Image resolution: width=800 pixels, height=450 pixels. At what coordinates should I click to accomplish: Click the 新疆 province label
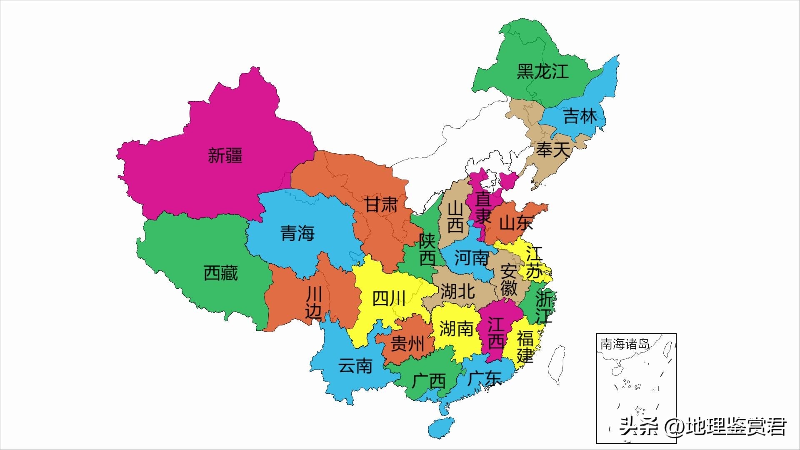coord(225,156)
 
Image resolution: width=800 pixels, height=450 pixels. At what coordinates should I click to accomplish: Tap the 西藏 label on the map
coord(220,273)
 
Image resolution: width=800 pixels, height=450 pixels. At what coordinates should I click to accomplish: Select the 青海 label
coord(297,233)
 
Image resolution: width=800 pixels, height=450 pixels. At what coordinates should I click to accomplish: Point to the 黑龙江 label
coord(542,71)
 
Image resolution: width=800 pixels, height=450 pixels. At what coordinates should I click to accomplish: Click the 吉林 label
coord(580,116)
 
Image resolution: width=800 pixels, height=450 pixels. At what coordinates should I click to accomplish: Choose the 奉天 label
coord(552,150)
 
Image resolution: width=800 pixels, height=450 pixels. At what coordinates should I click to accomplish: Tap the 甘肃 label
coord(381,205)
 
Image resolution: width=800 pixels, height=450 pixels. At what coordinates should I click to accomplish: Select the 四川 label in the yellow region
coord(388,299)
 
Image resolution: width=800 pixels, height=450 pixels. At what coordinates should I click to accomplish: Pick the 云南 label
coord(355,366)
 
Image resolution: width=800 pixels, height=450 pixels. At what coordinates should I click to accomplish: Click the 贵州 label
coord(407,345)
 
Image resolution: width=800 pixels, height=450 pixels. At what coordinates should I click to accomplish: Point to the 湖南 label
coord(456,329)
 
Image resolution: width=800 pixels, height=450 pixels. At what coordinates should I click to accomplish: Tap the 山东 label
coord(516,223)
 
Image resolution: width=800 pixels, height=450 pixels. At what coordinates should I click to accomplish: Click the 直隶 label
coord(483,208)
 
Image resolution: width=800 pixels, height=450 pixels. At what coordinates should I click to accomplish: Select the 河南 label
coord(471,258)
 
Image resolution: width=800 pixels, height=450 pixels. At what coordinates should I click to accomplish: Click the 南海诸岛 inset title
coord(625,344)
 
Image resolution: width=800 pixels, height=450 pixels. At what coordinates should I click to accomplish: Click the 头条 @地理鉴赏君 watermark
coord(702,427)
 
